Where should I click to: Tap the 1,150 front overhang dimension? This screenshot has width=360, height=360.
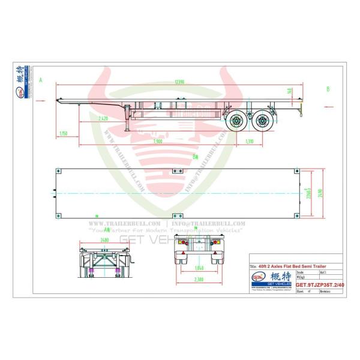coord(63,133)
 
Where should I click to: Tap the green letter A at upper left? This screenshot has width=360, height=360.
coord(40,79)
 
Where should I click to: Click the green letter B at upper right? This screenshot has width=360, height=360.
coord(328,89)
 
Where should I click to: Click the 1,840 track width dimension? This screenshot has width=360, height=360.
coord(201,266)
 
